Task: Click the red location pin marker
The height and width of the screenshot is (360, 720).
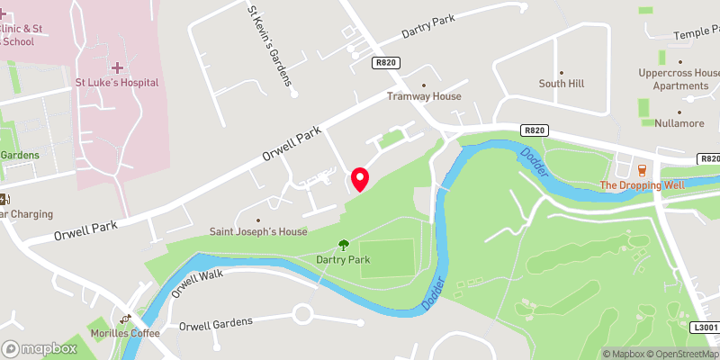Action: (360, 179)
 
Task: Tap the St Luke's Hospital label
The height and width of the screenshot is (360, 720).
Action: (118, 83)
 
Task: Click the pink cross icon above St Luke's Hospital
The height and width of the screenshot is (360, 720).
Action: (118, 67)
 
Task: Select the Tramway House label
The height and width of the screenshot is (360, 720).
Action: (424, 96)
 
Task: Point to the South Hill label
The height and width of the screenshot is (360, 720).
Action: (562, 84)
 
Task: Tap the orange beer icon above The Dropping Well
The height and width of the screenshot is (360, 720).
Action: (642, 169)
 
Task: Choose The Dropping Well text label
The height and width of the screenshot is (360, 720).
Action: (642, 186)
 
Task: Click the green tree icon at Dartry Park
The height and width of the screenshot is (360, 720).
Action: (343, 244)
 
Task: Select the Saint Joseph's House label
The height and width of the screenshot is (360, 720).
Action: (259, 231)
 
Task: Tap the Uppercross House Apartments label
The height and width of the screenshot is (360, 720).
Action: (679, 79)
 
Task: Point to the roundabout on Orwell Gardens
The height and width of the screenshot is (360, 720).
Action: (302, 315)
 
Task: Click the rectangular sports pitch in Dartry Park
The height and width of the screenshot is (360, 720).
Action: (388, 256)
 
